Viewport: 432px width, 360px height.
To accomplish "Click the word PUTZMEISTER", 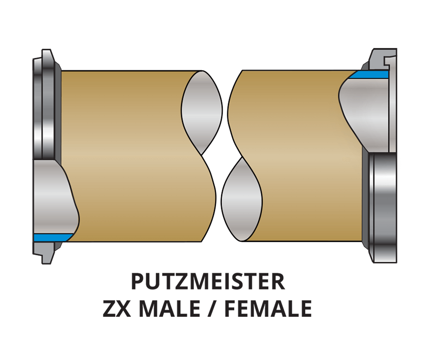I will [x=208, y=282].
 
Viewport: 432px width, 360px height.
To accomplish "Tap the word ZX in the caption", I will [x=118, y=309].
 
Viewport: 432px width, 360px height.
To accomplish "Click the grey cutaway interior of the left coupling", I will [x=53, y=197].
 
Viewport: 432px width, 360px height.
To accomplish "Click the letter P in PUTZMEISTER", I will [x=137, y=282].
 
